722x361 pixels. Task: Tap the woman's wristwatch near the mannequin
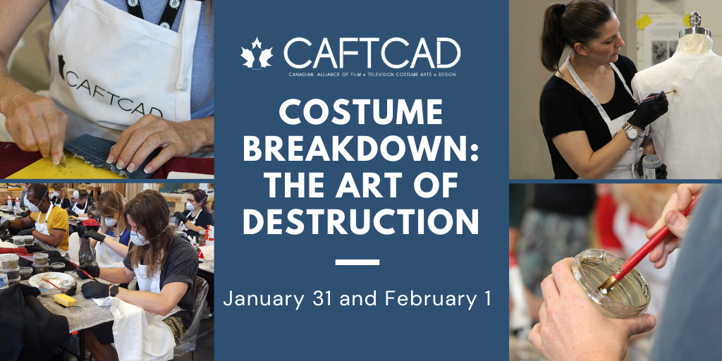coord(632,131)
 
